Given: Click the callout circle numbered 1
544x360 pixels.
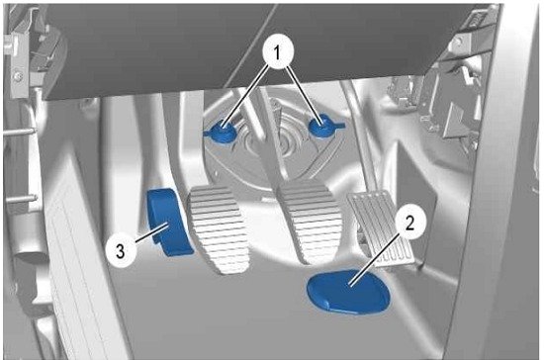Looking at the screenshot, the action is point(277,53).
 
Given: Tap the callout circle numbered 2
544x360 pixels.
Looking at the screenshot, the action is point(409,223).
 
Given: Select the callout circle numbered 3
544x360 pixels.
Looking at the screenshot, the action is point(120,251).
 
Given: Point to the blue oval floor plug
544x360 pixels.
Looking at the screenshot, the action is point(349,292).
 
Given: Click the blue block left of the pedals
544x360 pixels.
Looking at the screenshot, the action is point(168,222).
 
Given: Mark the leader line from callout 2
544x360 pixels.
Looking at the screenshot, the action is point(374,259).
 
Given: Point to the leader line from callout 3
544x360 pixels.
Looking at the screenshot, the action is point(151,233).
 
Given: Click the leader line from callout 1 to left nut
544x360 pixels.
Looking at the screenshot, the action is point(246,95).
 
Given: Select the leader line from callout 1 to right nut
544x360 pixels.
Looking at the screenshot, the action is point(303,94).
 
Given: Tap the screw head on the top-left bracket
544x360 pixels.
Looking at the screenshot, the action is point(17,75).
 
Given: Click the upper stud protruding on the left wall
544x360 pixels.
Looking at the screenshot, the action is point(20,132).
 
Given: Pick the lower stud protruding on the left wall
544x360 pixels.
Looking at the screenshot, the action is point(22,200).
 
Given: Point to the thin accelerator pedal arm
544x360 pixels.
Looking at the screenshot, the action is point(361,138).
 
